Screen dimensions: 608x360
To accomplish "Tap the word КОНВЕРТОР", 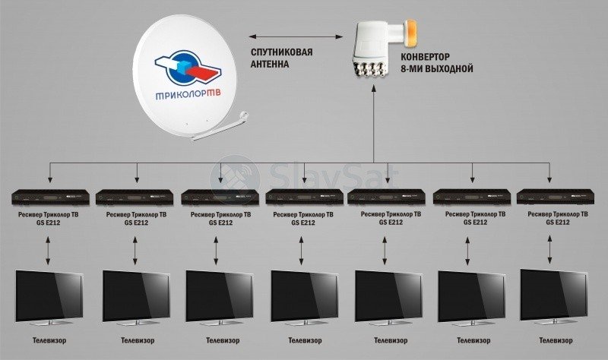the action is pos(425,57).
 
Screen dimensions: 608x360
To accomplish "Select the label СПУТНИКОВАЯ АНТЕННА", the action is pos(281,58).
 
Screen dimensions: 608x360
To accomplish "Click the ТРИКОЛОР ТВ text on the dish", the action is pos(188,94).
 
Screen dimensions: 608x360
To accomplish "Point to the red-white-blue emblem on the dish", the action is pos(188,68).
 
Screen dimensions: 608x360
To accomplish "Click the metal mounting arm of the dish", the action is pos(221,127).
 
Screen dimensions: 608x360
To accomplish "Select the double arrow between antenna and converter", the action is pos(296,36).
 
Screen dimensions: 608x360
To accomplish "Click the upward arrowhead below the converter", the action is pos(374,90).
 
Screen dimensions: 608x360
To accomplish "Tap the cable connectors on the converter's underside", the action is pos(369,69).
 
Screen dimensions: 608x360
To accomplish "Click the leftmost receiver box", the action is pos(50,197).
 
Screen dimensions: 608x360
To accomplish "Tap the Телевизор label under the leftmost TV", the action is pos(49,340).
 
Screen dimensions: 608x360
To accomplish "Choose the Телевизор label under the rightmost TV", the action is pos(556,340).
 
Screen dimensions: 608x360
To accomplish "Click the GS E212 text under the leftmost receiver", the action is pos(48,223).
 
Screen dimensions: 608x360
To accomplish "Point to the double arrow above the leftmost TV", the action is pos(48,251).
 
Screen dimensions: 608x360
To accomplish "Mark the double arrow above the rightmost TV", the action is pos(549,250).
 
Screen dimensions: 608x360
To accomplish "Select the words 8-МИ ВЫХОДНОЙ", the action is pos(436,69).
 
